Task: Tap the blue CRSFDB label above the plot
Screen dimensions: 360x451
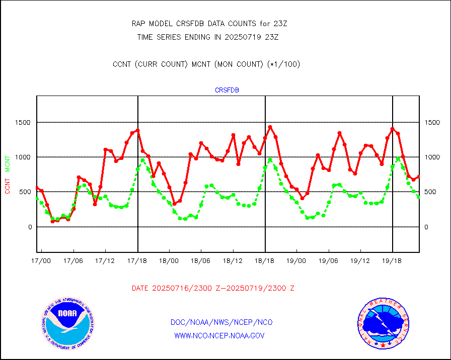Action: click(x=227, y=91)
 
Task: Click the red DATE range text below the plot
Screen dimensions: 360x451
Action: click(x=213, y=289)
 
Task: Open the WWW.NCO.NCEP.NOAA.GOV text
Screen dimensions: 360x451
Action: click(x=219, y=336)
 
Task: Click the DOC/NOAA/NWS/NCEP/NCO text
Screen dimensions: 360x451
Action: click(x=221, y=322)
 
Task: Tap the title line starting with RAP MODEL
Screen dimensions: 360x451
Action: click(x=209, y=23)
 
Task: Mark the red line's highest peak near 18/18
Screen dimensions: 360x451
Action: click(x=270, y=127)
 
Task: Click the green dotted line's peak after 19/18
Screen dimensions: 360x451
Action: click(x=398, y=159)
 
